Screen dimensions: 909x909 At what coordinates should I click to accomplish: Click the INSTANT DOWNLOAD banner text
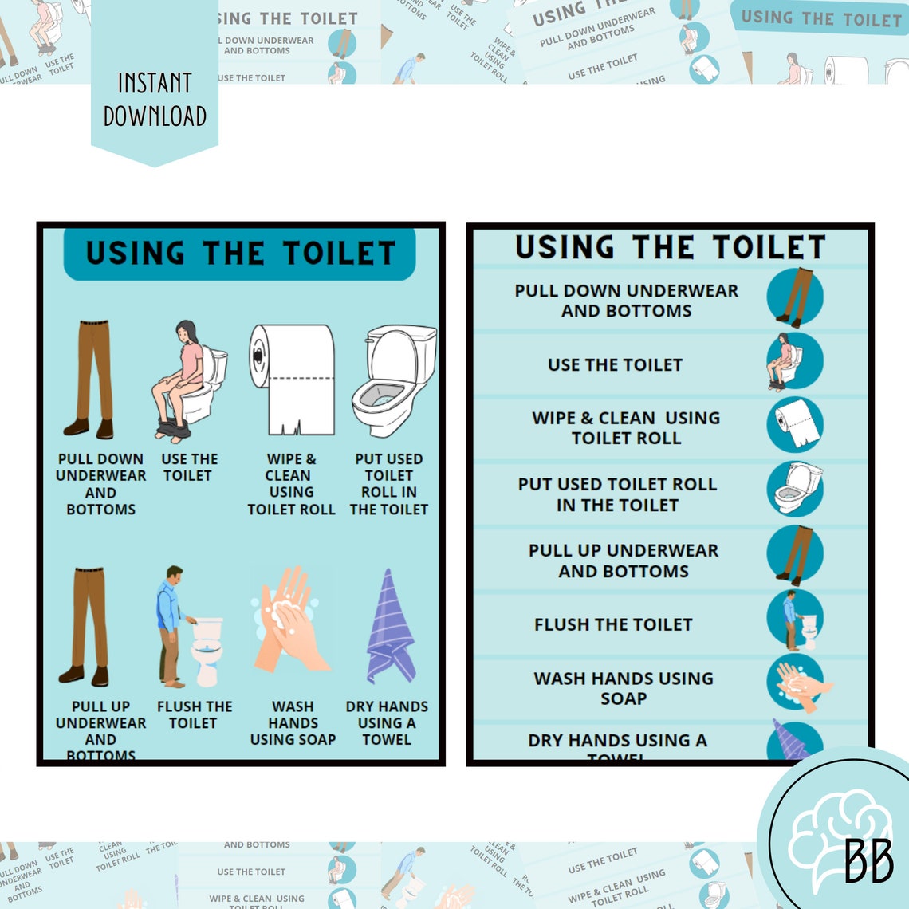[x=155, y=100]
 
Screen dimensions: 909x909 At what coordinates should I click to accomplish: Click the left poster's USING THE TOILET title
[x=240, y=254]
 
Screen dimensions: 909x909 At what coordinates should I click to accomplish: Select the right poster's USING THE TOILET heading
[x=670, y=247]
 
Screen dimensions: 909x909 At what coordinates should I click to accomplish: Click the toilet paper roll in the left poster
[x=292, y=379]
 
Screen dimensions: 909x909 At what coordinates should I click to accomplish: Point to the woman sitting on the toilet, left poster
[x=188, y=381]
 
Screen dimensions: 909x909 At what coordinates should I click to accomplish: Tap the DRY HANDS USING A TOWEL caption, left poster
[x=387, y=722]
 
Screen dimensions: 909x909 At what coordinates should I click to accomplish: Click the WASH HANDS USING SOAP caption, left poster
[x=293, y=722]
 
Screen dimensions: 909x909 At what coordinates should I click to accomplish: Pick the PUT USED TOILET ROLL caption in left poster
[x=389, y=484]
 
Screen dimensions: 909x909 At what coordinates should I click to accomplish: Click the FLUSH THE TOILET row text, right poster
[x=613, y=624]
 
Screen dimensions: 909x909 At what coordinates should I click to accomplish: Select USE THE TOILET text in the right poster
[x=615, y=364]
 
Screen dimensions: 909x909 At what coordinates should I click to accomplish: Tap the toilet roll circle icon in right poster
[x=794, y=424]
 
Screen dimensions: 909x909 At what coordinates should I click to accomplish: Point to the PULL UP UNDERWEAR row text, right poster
[x=624, y=561]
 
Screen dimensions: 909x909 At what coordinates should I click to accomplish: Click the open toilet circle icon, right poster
[x=795, y=488]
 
